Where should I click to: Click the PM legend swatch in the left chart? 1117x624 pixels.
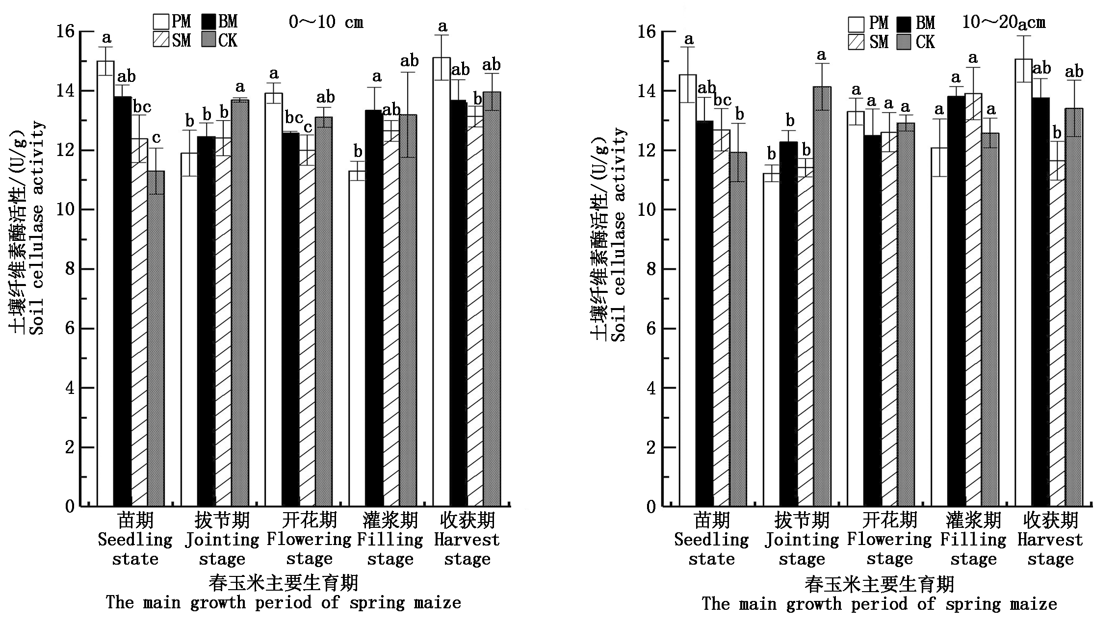tap(161, 22)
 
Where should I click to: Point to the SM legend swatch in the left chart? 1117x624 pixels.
tap(161, 40)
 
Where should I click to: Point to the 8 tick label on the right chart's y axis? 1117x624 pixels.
tap(650, 269)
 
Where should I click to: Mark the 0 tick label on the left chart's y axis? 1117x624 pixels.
tap(70, 506)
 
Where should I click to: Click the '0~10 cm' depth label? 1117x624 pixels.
tap(326, 22)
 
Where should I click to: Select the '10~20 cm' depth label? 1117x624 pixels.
tap(1003, 23)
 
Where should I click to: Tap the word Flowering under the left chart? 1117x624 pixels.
tap(309, 540)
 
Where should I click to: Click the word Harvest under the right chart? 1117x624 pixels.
tap(1050, 540)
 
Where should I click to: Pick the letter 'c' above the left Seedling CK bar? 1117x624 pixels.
tap(156, 138)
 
